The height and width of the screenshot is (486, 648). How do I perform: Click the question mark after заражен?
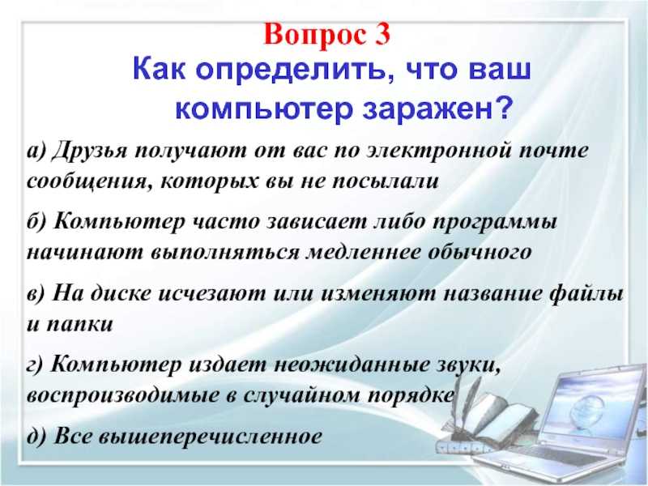point(501,107)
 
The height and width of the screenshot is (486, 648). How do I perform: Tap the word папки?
point(79,326)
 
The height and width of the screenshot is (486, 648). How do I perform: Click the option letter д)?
point(36,437)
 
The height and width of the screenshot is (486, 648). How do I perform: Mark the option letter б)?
point(37,222)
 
